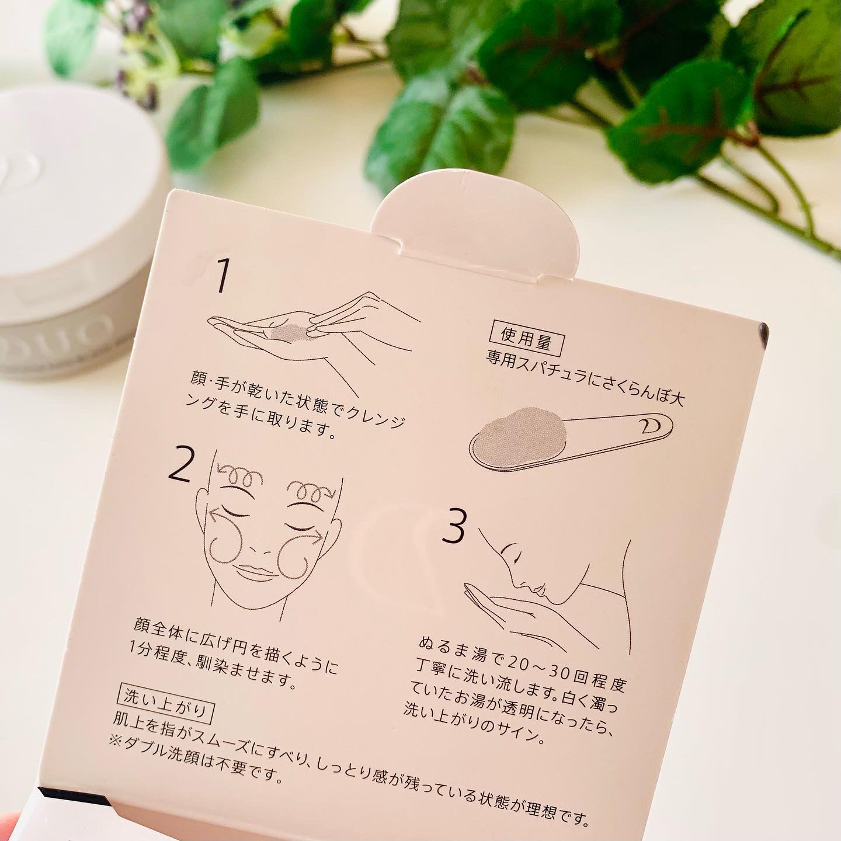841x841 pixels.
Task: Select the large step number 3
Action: (454, 526)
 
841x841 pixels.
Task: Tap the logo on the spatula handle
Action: (651, 427)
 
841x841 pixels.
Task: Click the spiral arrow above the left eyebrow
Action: (241, 477)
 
